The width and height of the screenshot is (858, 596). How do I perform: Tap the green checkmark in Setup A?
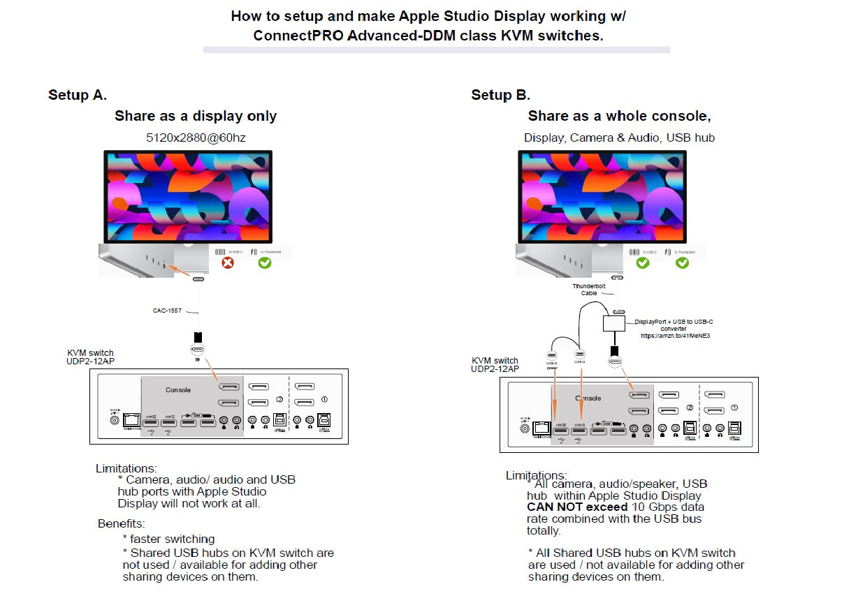pyautogui.click(x=265, y=263)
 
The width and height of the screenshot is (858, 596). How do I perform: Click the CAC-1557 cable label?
pyautogui.click(x=168, y=311)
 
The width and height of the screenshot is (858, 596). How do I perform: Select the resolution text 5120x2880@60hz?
pyautogui.click(x=196, y=137)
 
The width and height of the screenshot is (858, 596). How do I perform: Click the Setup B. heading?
pyautogui.click(x=500, y=95)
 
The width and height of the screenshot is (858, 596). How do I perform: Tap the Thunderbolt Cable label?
pyautogui.click(x=589, y=290)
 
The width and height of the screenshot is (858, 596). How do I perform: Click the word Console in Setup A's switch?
pyautogui.click(x=178, y=389)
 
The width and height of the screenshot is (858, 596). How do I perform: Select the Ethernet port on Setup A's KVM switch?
pyautogui.click(x=131, y=420)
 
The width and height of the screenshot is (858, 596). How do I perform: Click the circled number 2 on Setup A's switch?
pyautogui.click(x=279, y=399)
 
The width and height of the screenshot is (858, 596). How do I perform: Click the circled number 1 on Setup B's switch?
pyautogui.click(x=734, y=407)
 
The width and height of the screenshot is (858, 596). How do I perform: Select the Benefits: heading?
pyautogui.click(x=121, y=523)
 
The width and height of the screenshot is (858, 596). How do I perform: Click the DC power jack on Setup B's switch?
pyautogui.click(x=525, y=428)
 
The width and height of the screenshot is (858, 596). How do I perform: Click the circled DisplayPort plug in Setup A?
pyautogui.click(x=198, y=351)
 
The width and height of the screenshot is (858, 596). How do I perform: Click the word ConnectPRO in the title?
pyautogui.click(x=293, y=35)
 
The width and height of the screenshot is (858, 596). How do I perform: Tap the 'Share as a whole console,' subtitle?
pyautogui.click(x=619, y=116)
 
